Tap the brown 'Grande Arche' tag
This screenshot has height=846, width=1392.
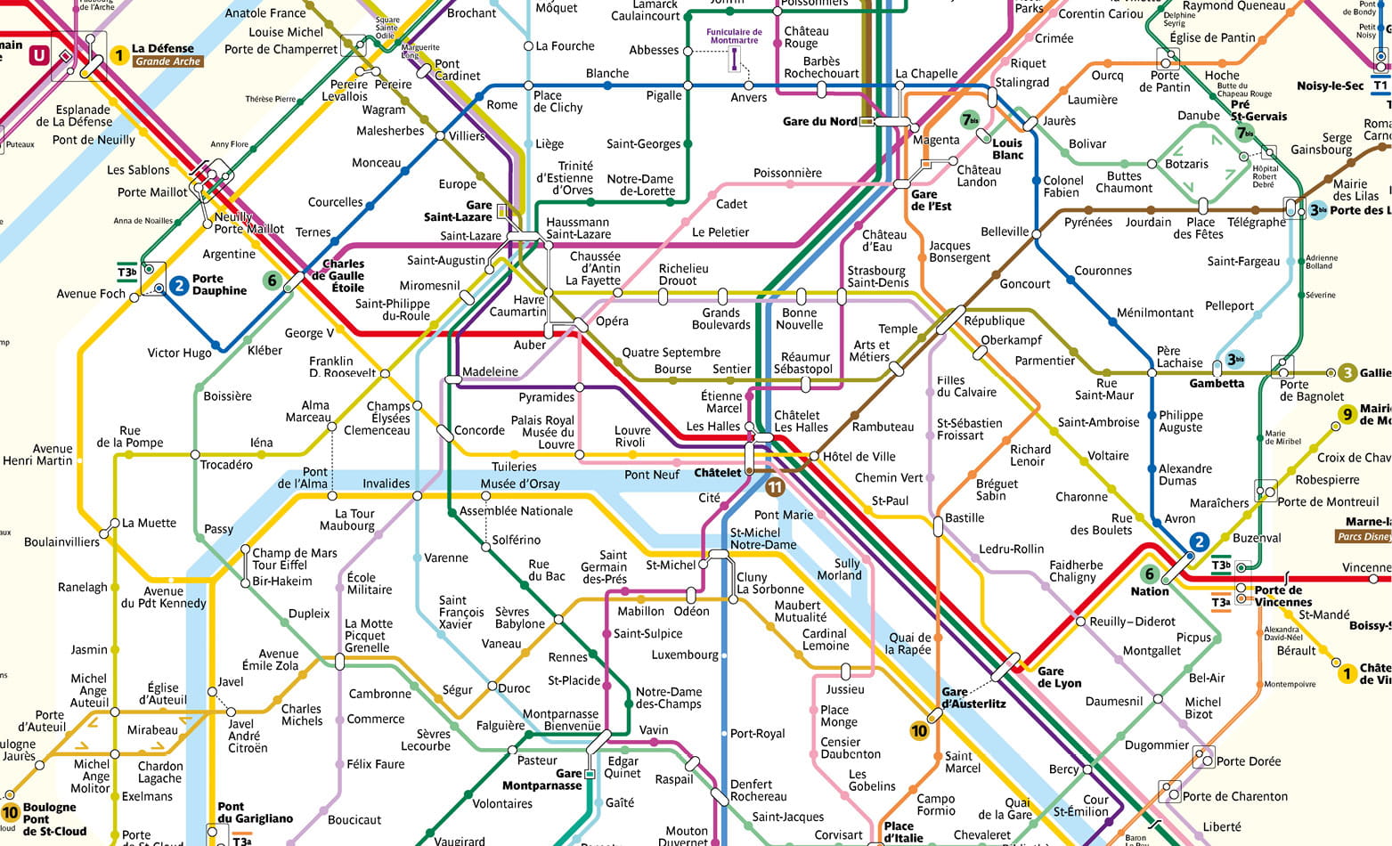[x=168, y=61]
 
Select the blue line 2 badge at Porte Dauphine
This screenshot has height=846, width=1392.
[x=179, y=285]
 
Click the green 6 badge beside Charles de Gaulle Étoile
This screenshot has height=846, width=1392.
[x=273, y=281]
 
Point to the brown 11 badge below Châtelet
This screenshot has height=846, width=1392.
[x=775, y=486]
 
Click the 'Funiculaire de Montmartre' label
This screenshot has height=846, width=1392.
[x=734, y=36]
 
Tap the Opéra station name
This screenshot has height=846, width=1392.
[x=612, y=321]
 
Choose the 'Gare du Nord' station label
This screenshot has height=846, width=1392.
[x=819, y=121]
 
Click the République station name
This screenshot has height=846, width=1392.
[x=994, y=321]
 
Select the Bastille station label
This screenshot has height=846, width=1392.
[x=965, y=517]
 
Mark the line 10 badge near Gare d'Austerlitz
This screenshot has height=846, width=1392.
[x=919, y=730]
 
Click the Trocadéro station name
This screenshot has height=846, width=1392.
[x=226, y=464]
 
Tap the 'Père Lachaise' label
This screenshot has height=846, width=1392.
[x=1179, y=357]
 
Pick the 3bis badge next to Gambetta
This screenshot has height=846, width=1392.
[x=1234, y=360]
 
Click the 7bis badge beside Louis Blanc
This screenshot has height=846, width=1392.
[x=970, y=119]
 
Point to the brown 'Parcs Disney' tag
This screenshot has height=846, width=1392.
[x=1364, y=536]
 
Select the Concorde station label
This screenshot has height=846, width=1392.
[x=479, y=430]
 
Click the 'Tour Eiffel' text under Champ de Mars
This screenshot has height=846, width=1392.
[x=280, y=565]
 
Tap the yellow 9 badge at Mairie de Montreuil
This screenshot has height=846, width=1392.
[x=1347, y=414]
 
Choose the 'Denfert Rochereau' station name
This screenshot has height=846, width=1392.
[x=758, y=790]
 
